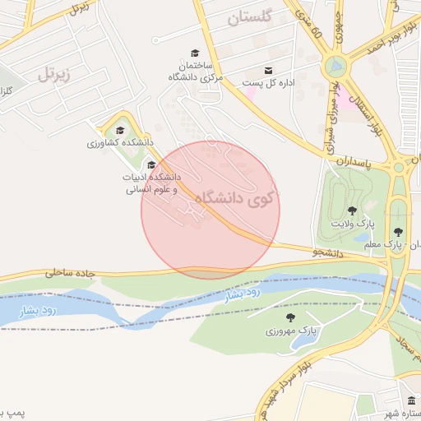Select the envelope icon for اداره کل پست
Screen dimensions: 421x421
[x=269, y=71]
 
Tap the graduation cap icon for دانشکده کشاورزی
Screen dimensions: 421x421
[x=120, y=130]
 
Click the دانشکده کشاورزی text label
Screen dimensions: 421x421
[x=121, y=143]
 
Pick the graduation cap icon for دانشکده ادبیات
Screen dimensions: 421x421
[x=150, y=164]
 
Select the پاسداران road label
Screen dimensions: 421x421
[x=364, y=164]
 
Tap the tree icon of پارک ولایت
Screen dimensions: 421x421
[x=352, y=211]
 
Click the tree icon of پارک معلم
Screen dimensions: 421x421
[x=399, y=232]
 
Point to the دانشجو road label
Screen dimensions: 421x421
[x=327, y=253]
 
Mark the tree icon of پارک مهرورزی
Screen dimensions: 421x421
[x=289, y=317]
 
